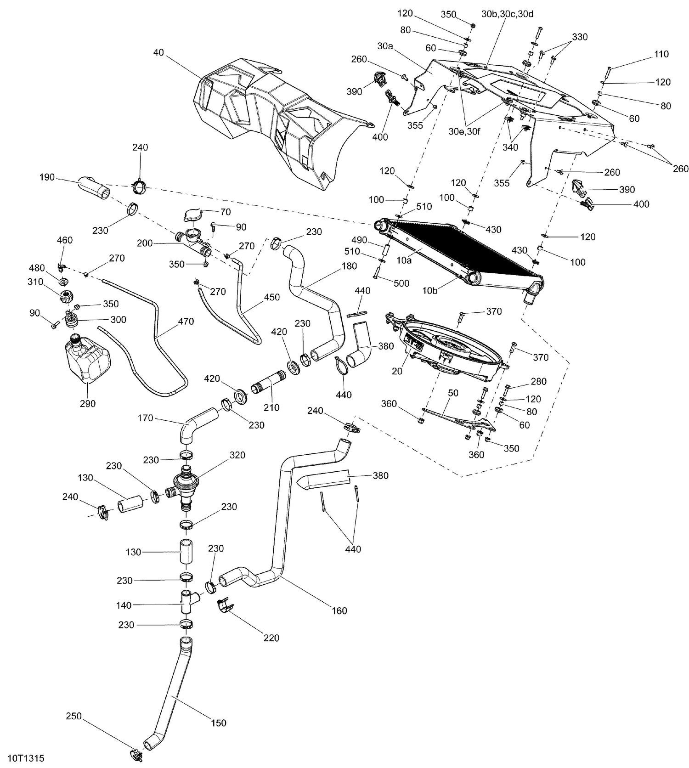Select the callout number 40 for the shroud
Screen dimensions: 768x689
(158, 52)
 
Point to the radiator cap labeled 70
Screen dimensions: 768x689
(193, 216)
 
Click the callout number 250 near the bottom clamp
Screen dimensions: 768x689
(74, 716)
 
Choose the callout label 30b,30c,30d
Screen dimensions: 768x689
(508, 14)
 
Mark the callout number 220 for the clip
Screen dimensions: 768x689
(271, 638)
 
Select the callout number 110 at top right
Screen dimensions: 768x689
(661, 54)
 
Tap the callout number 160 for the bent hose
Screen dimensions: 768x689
(339, 611)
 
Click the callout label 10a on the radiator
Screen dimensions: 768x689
(404, 260)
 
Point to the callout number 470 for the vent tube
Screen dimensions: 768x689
(186, 322)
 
